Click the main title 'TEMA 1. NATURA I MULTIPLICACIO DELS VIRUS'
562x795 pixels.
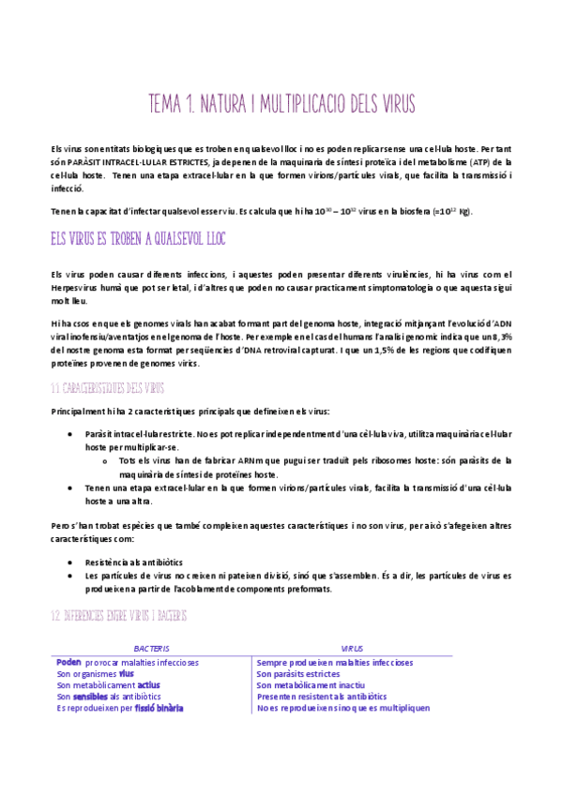coord(281,102)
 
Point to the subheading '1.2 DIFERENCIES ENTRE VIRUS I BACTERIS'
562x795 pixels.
coord(119,615)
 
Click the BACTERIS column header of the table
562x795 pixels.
coord(153,648)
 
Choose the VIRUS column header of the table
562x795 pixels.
coord(353,648)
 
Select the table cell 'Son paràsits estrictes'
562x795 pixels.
coord(298,673)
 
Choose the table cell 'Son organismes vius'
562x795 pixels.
coord(95,673)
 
